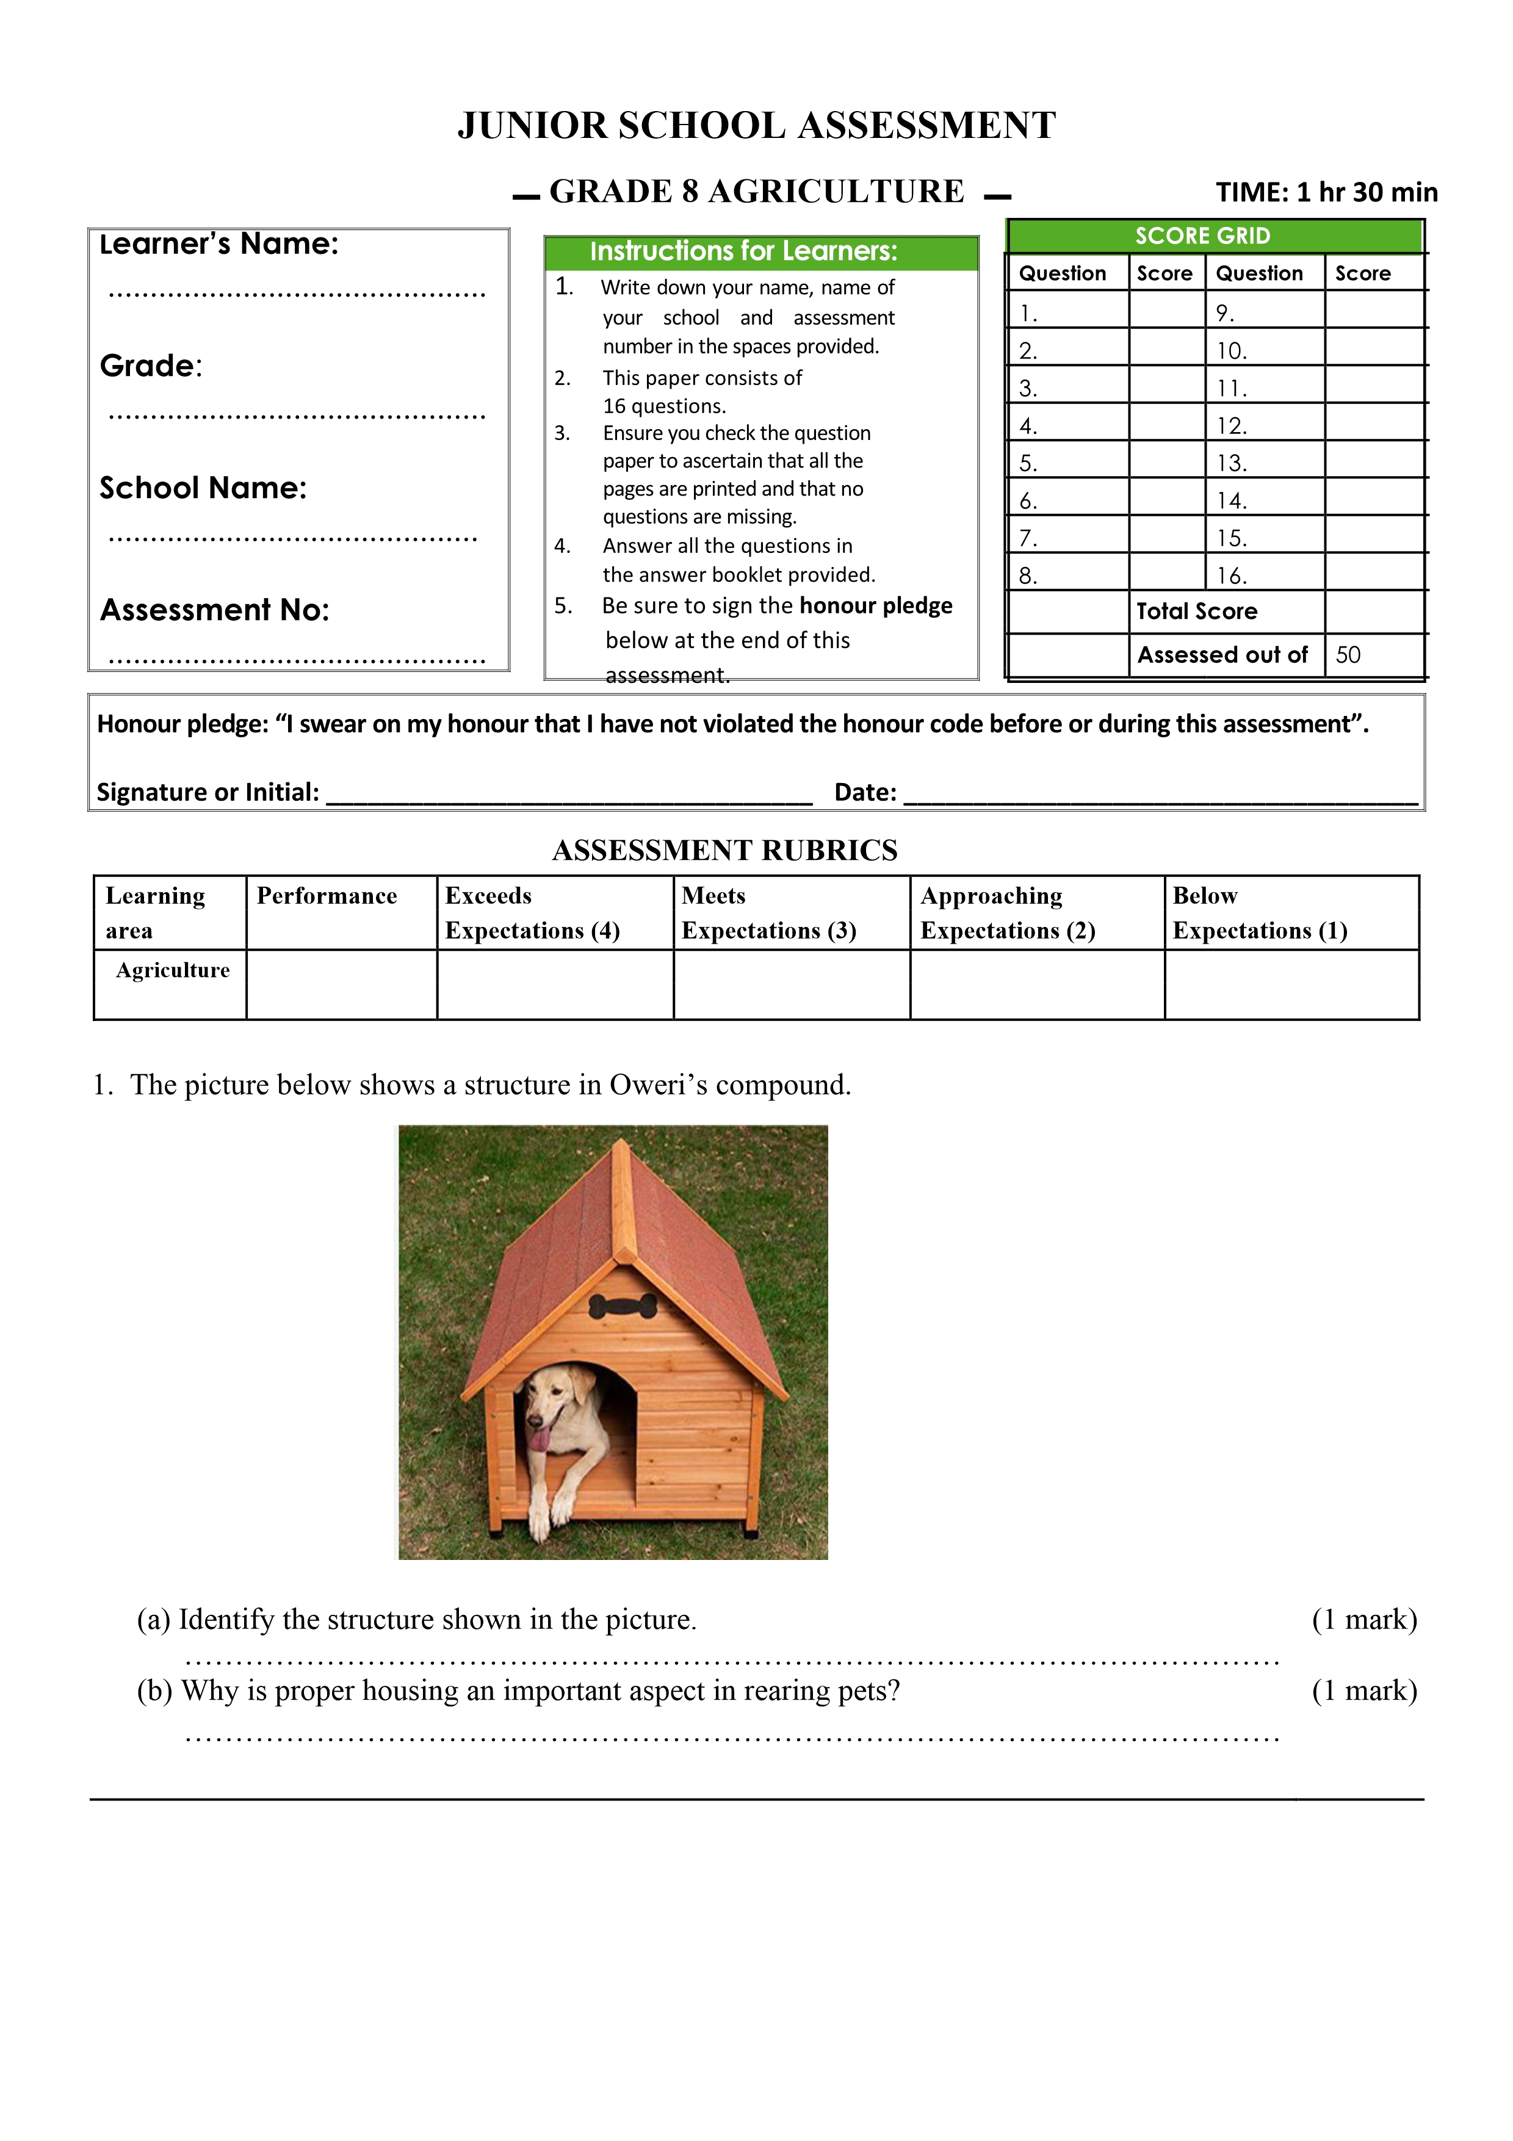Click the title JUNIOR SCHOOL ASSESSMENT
tap(756, 126)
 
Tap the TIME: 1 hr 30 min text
tap(1326, 192)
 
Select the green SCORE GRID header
tap(1202, 236)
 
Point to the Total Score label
tap(1196, 612)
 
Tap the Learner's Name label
tap(219, 244)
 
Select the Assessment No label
tap(214, 610)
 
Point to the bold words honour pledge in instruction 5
tap(875, 606)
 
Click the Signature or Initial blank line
tap(569, 795)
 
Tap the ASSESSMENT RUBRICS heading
tap(724, 850)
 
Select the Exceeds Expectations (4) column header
tap(532, 913)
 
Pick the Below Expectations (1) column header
tap(1260, 913)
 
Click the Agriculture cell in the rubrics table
tap(173, 971)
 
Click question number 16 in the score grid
tap(1230, 576)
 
